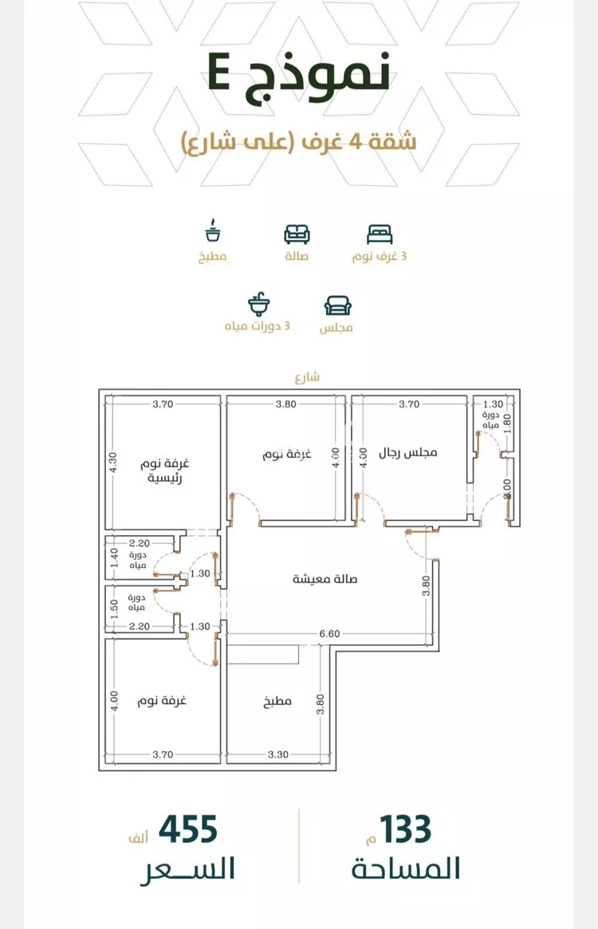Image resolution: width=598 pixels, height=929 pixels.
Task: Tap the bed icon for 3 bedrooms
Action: (380, 234)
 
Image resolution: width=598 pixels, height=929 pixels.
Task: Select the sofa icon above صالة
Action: (297, 234)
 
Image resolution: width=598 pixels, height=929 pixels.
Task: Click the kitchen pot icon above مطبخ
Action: (213, 231)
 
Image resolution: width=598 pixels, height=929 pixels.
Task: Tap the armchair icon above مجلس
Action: (337, 305)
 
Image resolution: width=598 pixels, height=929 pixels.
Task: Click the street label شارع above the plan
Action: (307, 377)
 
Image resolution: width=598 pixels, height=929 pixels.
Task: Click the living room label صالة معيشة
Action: (325, 579)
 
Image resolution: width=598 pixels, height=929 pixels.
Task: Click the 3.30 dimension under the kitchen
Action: (277, 754)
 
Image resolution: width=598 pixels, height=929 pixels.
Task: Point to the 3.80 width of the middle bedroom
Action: (285, 404)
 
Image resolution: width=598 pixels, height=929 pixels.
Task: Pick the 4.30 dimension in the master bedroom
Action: (114, 463)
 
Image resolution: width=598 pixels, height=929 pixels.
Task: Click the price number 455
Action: (188, 829)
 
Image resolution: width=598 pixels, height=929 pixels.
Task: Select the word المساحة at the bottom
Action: (406, 868)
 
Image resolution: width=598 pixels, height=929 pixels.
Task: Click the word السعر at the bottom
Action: (188, 869)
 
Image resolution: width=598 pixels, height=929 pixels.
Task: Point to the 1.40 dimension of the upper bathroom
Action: (114, 557)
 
